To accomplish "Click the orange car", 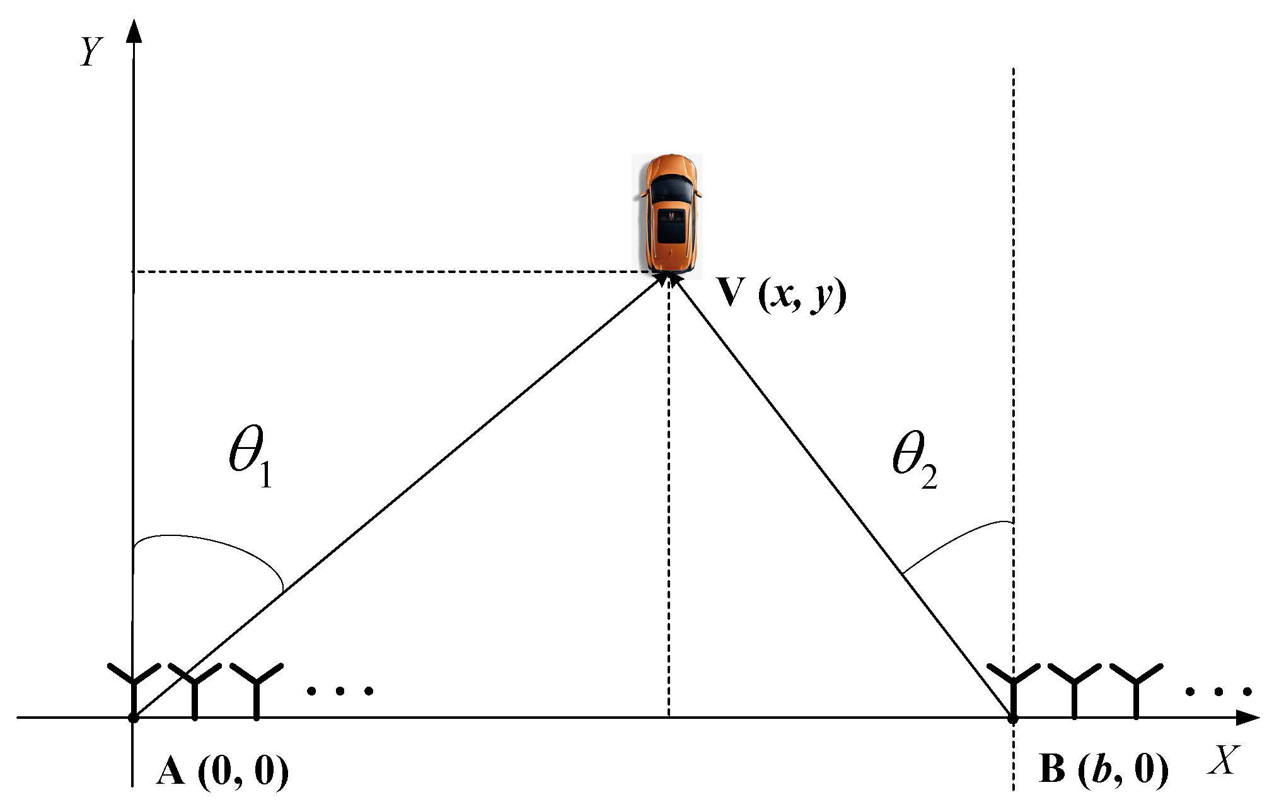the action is click(x=668, y=214).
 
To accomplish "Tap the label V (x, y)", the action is click(x=782, y=294).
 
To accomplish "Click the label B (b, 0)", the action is click(x=1104, y=769).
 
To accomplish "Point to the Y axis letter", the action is click(x=91, y=51).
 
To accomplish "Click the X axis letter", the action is click(x=1224, y=760).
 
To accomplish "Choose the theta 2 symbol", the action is click(x=915, y=460).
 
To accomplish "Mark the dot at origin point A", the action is click(x=133, y=718).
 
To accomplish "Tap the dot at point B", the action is click(x=1013, y=718).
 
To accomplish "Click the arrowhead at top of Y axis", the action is click(x=134, y=32).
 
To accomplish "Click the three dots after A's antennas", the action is click(x=340, y=691).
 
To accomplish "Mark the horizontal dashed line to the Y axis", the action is click(x=391, y=272).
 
